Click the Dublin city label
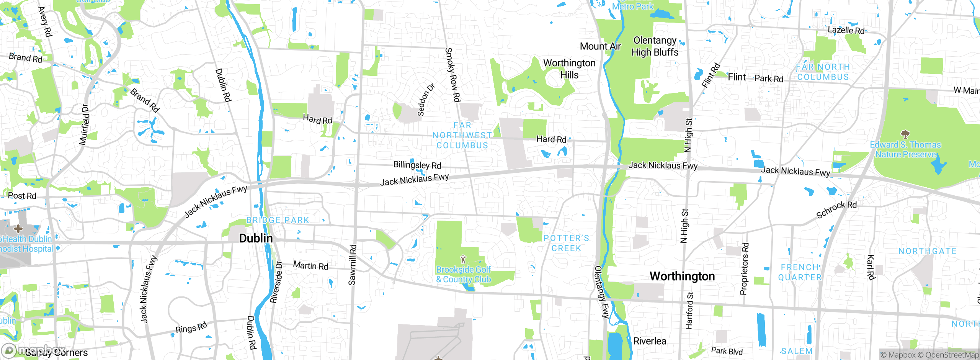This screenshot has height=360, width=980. click(256, 238)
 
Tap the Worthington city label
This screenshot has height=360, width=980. click(682, 276)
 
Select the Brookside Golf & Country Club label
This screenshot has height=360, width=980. click(463, 275)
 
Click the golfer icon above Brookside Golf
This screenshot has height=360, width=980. click(463, 259)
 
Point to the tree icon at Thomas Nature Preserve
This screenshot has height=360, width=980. click(905, 134)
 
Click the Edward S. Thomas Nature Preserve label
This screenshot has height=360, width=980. click(905, 150)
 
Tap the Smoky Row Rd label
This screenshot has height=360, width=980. click(452, 75)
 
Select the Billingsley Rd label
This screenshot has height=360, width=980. click(417, 165)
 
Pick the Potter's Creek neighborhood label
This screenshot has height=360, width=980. click(566, 243)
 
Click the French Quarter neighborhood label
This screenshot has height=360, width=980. click(800, 272)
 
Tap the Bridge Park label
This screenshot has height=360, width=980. click(278, 220)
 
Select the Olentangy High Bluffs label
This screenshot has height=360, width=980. click(655, 46)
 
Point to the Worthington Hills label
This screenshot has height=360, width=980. click(569, 69)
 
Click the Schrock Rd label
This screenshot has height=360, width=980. click(836, 209)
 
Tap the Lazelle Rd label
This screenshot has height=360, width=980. click(846, 30)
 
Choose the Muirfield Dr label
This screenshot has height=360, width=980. click(85, 124)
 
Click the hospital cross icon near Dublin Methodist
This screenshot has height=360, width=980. click(18, 229)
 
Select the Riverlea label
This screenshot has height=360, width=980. click(650, 341)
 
